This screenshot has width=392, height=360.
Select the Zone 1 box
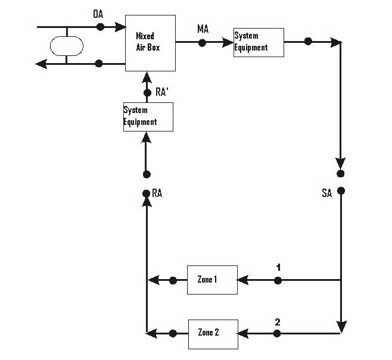point(212,280)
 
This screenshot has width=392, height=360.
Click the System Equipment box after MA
point(259,42)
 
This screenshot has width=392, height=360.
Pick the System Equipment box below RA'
point(148,117)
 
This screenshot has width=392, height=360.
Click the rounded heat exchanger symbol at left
point(66,45)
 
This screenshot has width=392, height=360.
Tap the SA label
point(326,194)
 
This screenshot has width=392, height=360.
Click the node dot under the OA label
point(100,27)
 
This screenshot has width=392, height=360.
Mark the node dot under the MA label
point(203,42)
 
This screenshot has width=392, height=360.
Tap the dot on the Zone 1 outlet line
point(173,280)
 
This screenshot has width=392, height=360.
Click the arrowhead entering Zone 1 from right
point(242,280)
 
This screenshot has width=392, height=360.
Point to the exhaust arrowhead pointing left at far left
point(41,64)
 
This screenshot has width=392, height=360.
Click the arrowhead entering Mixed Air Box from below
point(145,77)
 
